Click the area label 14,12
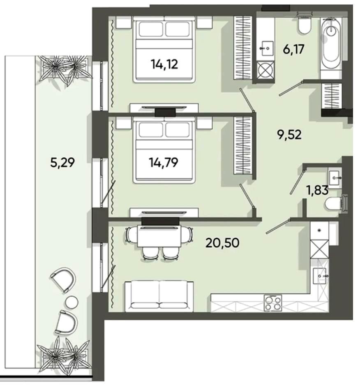coord(164,64)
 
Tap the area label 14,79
coord(164,163)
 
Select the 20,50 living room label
coord(222,243)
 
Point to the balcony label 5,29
coord(62,163)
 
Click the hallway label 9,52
coord(289,135)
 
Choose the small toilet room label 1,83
coord(317,190)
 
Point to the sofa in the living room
coord(159,296)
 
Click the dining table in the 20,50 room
coord(159,236)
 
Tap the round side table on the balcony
coord(72,302)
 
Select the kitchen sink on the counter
coord(320,276)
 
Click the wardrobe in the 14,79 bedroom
coord(243,145)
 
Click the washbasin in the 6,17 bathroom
coord(267,48)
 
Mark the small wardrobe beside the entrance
coord(332,96)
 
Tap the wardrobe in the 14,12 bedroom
coord(243,47)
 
